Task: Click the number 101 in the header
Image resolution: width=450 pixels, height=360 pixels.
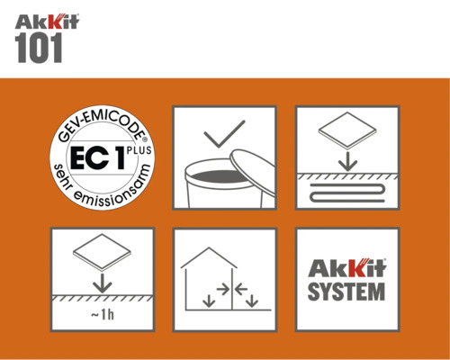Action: (x=39, y=49)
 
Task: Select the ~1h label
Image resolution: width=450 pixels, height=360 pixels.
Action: (x=102, y=314)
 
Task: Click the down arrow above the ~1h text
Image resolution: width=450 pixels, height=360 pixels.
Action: (x=102, y=282)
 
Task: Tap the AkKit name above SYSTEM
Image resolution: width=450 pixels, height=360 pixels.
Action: (x=347, y=268)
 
